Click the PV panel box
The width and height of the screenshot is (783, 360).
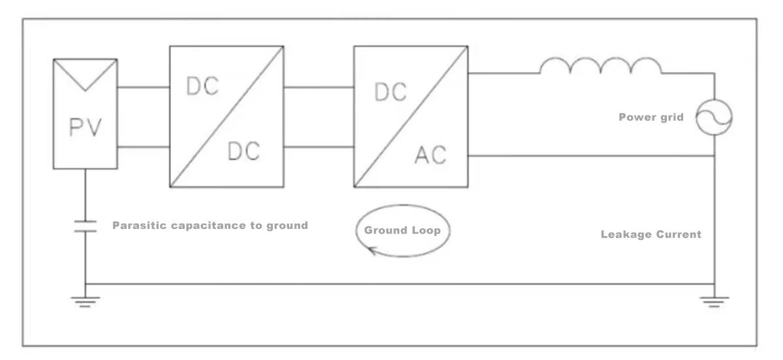[85, 114]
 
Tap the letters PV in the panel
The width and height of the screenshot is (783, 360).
[85, 127]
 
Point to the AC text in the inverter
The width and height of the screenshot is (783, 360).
[431, 155]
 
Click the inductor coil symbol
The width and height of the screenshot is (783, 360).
[600, 65]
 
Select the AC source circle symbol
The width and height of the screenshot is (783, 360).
[714, 118]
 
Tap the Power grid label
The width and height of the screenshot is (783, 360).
[651, 117]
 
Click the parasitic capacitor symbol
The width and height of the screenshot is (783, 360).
[85, 226]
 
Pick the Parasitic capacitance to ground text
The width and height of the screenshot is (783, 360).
[209, 226]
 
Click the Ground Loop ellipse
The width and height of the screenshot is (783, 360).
[403, 231]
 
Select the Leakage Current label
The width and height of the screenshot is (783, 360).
[651, 234]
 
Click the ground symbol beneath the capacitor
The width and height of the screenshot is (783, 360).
[85, 300]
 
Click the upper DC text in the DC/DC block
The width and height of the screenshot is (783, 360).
[202, 86]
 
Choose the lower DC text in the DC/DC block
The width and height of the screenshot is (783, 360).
[243, 151]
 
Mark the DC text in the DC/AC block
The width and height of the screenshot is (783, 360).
[390, 93]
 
